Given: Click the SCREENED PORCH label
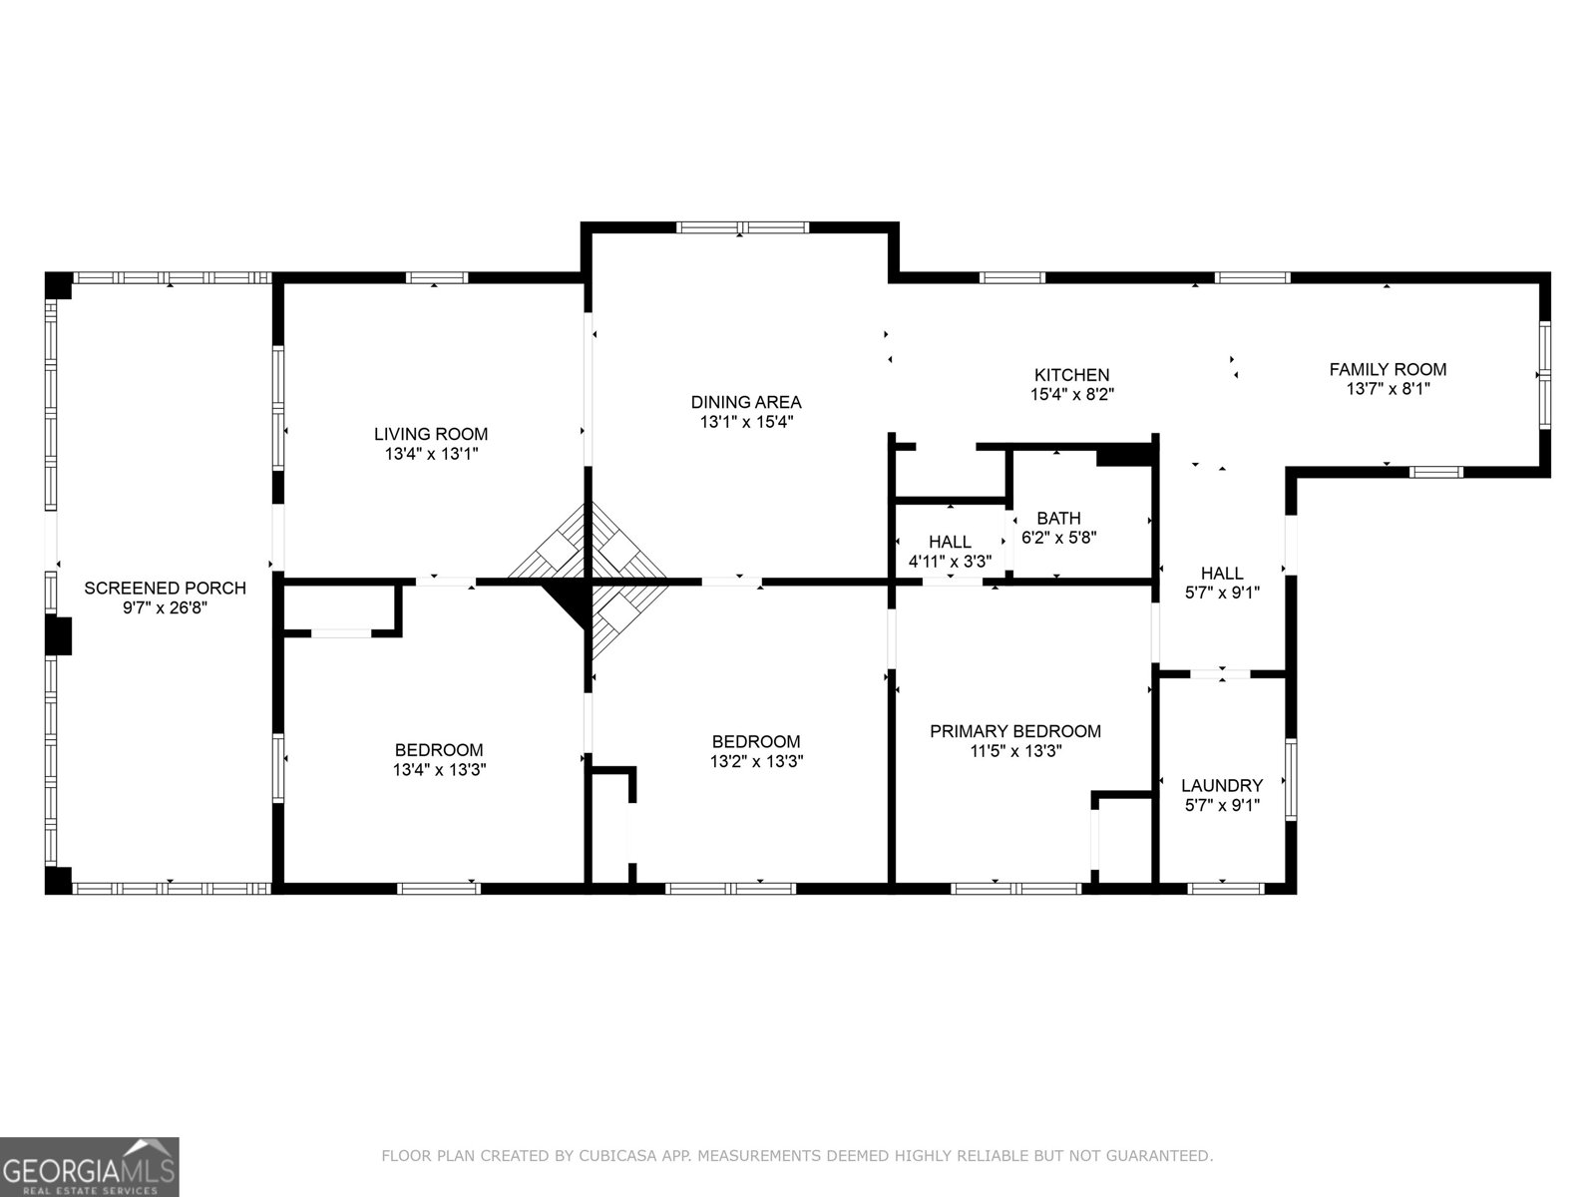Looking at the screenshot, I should tap(165, 589).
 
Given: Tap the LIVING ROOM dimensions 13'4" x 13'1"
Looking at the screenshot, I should tap(431, 454).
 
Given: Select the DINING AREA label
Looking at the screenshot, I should tap(746, 402).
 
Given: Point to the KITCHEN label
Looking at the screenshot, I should tap(1071, 375).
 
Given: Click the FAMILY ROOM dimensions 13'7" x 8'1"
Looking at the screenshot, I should tap(1388, 389).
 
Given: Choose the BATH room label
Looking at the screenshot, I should tap(1058, 519).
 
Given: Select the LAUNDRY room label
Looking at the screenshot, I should tap(1222, 786).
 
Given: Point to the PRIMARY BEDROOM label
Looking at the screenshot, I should tap(1015, 731).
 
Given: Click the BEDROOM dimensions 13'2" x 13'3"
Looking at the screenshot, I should tap(756, 761).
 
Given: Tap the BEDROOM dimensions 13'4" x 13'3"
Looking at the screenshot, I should tap(439, 770).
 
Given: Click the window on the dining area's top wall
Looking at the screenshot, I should tap(743, 227).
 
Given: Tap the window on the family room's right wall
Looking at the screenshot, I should tap(1544, 375).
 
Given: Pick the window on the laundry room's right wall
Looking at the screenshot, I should tap(1291, 778).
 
